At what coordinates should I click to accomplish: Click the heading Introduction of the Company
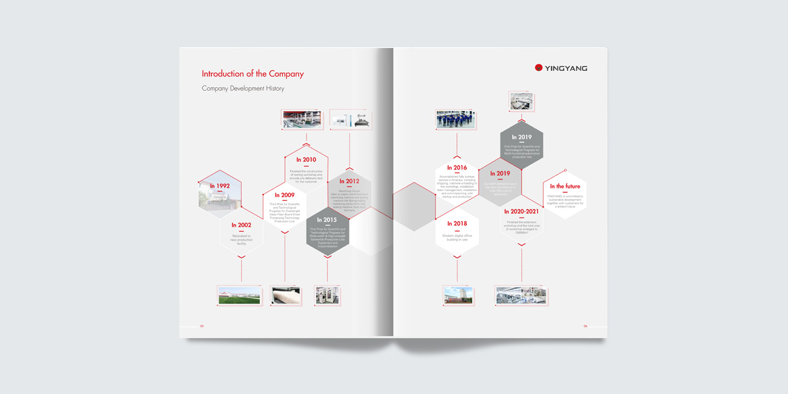pyautogui.click(x=252, y=74)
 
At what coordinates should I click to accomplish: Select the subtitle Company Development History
pyautogui.click(x=243, y=88)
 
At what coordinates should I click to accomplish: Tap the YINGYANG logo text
pyautogui.click(x=565, y=68)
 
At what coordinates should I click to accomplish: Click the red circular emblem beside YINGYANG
pyautogui.click(x=538, y=68)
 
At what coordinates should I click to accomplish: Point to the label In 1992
pyautogui.click(x=219, y=186)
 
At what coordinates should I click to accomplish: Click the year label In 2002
pyautogui.click(x=241, y=225)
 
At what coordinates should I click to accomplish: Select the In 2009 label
pyautogui.click(x=284, y=195)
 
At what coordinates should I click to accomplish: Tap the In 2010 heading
pyautogui.click(x=306, y=160)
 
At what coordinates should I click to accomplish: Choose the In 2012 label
pyautogui.click(x=349, y=181)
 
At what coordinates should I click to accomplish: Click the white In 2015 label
pyautogui.click(x=327, y=220)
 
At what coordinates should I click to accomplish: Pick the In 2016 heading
pyautogui.click(x=457, y=167)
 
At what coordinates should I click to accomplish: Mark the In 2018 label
pyautogui.click(x=457, y=224)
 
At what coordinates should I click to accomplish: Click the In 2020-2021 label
pyautogui.click(x=521, y=211)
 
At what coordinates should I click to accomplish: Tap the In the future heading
pyautogui.click(x=565, y=186)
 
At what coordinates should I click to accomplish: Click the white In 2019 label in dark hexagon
pyautogui.click(x=521, y=137)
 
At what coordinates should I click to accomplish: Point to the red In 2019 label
pyautogui.click(x=500, y=173)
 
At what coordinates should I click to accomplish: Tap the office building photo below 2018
pyautogui.click(x=457, y=295)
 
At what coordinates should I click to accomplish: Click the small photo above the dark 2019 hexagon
pyautogui.click(x=521, y=101)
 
